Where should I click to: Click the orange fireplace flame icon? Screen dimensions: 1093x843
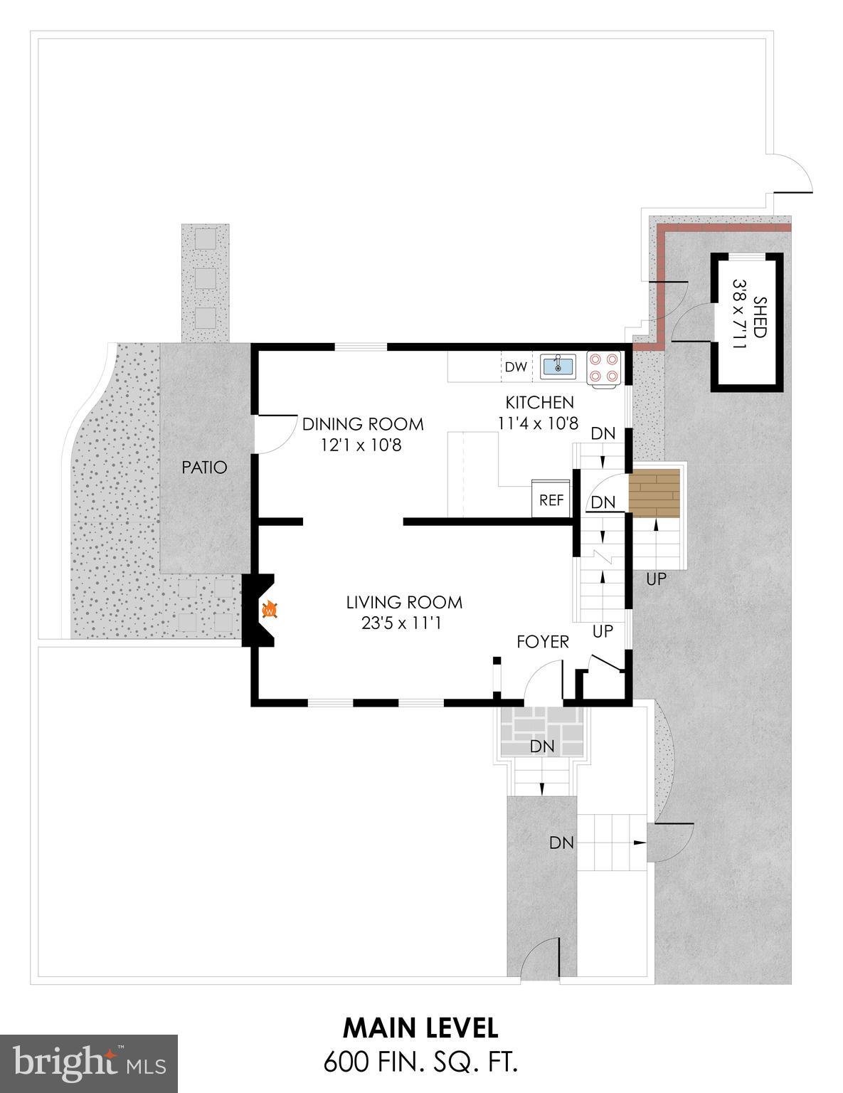(x=270, y=610)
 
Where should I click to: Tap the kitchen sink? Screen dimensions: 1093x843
(x=559, y=366)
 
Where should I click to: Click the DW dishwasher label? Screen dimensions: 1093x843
(x=516, y=367)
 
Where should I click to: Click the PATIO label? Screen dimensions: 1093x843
(x=204, y=468)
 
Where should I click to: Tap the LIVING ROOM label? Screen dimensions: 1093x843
(x=404, y=603)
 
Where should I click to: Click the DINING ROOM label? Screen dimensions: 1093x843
(x=363, y=425)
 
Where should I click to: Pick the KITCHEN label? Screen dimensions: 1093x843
(x=539, y=403)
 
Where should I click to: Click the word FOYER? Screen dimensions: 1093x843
(x=543, y=643)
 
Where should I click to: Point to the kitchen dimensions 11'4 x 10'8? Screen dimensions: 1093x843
(x=538, y=423)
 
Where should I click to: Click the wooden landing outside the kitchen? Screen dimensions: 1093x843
(x=654, y=492)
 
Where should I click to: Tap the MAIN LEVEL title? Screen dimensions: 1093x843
(x=420, y=1028)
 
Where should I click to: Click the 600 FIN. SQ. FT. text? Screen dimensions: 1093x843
(x=420, y=1062)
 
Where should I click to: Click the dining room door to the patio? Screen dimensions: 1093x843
(x=272, y=433)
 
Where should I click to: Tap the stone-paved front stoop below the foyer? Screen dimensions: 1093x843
(x=542, y=733)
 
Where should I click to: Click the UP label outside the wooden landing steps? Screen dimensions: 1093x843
(x=656, y=579)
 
